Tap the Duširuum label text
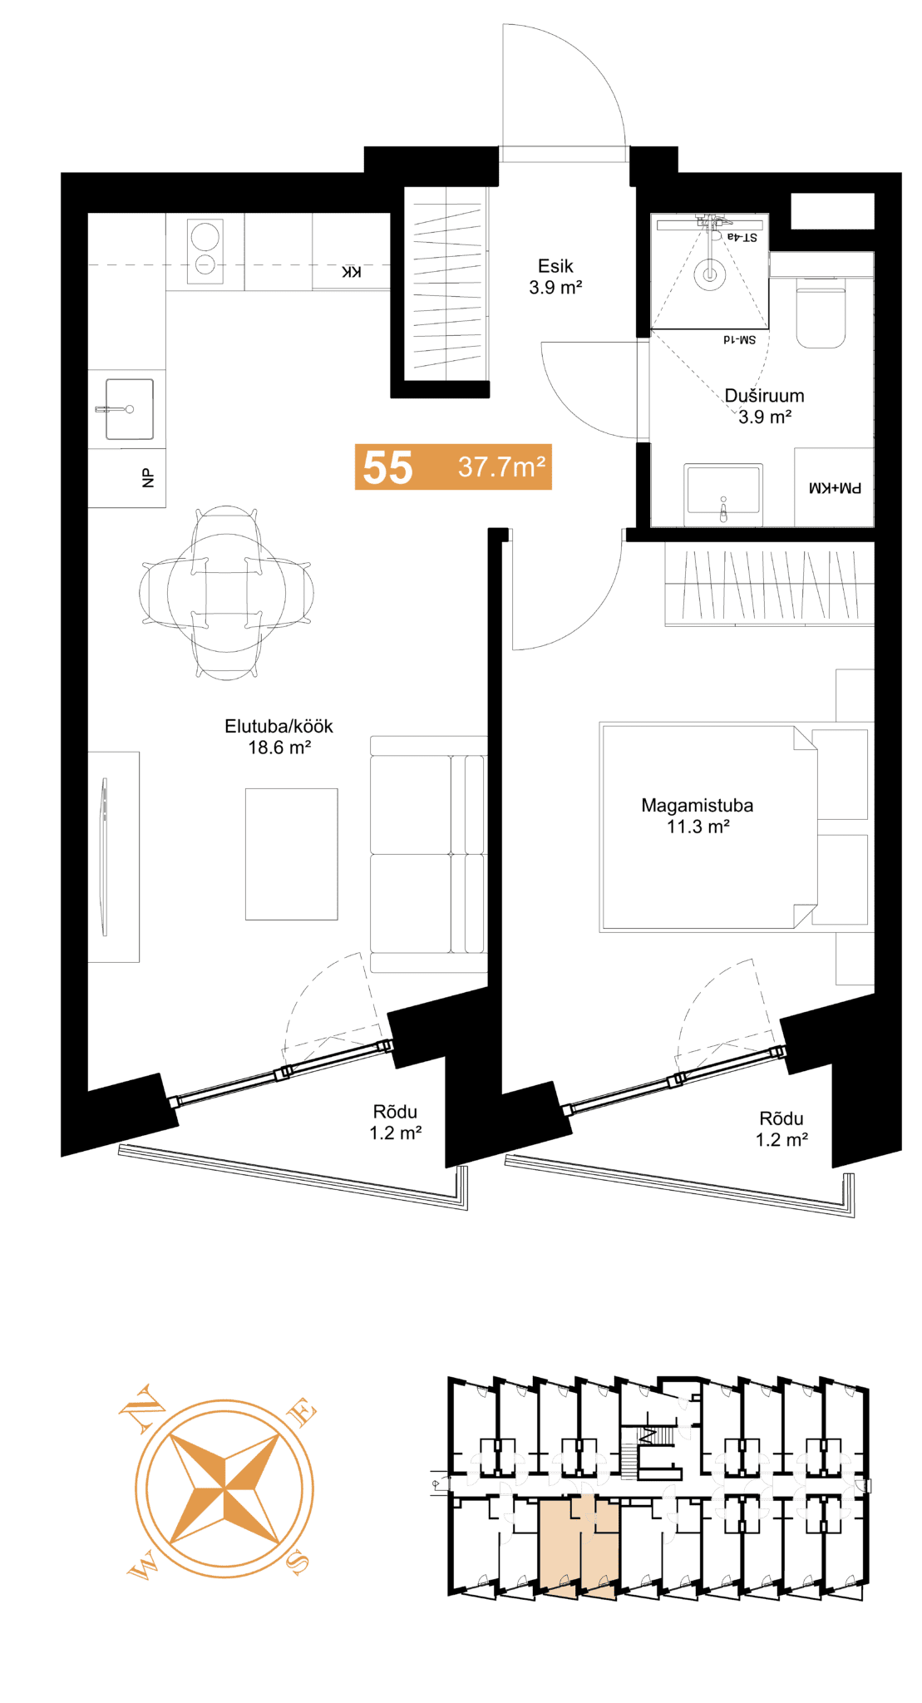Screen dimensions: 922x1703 [x=764, y=396]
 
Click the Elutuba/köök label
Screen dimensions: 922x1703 [x=279, y=726]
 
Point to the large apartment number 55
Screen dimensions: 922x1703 [x=387, y=467]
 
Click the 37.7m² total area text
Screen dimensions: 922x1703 [x=501, y=466]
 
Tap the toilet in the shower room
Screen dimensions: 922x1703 [x=821, y=313]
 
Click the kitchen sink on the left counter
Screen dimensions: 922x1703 [x=129, y=409]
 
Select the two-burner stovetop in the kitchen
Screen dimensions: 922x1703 [x=205, y=251]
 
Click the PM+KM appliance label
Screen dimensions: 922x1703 [x=835, y=488]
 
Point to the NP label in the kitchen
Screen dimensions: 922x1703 [x=148, y=478]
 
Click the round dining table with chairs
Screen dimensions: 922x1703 [x=226, y=592]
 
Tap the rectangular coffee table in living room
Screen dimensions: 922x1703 [x=291, y=854]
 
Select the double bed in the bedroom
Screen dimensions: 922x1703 [x=710, y=827]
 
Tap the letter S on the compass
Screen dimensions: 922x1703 [x=298, y=1564]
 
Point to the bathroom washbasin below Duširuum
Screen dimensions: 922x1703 [x=723, y=495]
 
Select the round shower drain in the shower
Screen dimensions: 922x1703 [x=710, y=273]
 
